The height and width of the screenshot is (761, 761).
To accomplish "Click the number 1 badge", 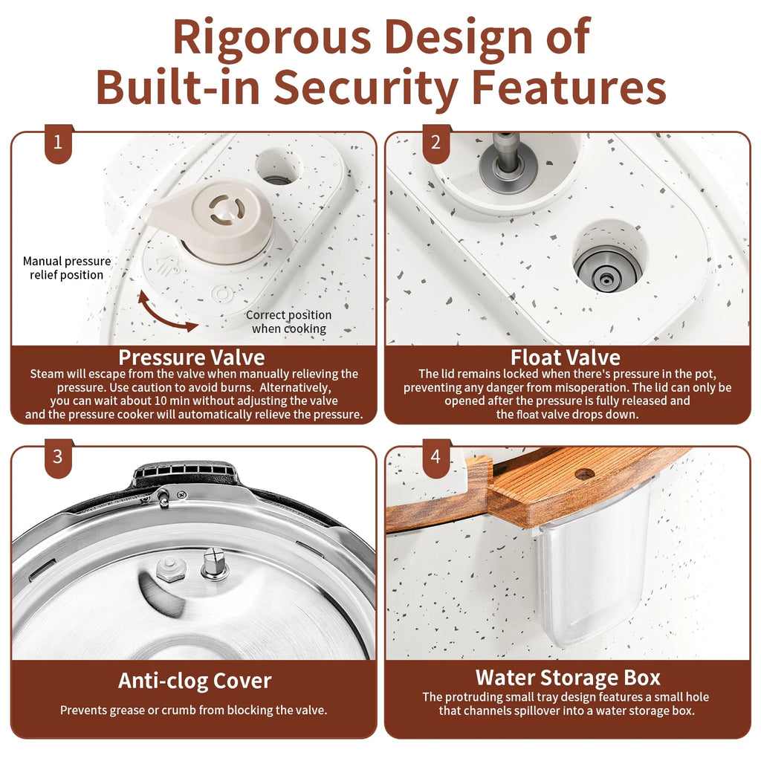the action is point(58,143).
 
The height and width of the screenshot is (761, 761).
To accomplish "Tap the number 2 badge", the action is point(436,143).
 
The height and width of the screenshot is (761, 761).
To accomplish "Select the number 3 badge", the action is point(58,458).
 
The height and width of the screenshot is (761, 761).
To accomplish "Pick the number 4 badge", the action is point(436,458).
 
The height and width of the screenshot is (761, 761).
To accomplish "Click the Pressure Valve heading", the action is point(192,357).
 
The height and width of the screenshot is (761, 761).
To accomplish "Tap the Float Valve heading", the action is point(566,357).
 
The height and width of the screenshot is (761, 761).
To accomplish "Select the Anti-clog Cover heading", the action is point(195,681).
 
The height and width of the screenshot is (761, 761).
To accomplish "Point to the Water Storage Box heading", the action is point(568,678).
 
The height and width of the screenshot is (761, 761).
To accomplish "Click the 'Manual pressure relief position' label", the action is point(67,268).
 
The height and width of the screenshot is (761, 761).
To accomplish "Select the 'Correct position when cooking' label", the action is point(289,322).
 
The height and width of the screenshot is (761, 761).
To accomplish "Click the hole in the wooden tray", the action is point(584,473).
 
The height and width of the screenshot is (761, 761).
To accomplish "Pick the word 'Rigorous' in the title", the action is point(272,37).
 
